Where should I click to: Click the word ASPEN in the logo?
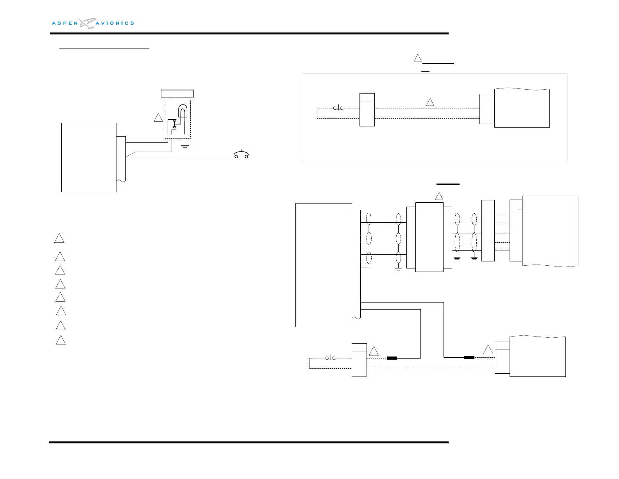[65, 23]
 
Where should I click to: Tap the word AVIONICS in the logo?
[115, 23]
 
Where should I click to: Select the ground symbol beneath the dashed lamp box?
[185, 146]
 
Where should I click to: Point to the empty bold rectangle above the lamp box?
[177, 94]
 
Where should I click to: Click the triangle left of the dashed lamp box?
[158, 117]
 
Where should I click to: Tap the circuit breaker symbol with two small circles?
[241, 155]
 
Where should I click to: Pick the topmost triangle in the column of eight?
[59, 238]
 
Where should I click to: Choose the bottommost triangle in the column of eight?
[61, 340]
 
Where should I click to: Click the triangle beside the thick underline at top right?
[418, 58]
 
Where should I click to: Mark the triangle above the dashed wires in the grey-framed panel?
[430, 102]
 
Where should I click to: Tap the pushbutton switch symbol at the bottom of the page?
[331, 358]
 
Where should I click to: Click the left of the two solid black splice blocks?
[392, 358]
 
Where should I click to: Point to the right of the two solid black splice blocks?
[469, 357]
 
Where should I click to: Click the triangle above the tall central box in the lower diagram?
[439, 196]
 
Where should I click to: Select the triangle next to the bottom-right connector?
[488, 350]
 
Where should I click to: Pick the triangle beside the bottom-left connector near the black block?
[374, 351]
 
